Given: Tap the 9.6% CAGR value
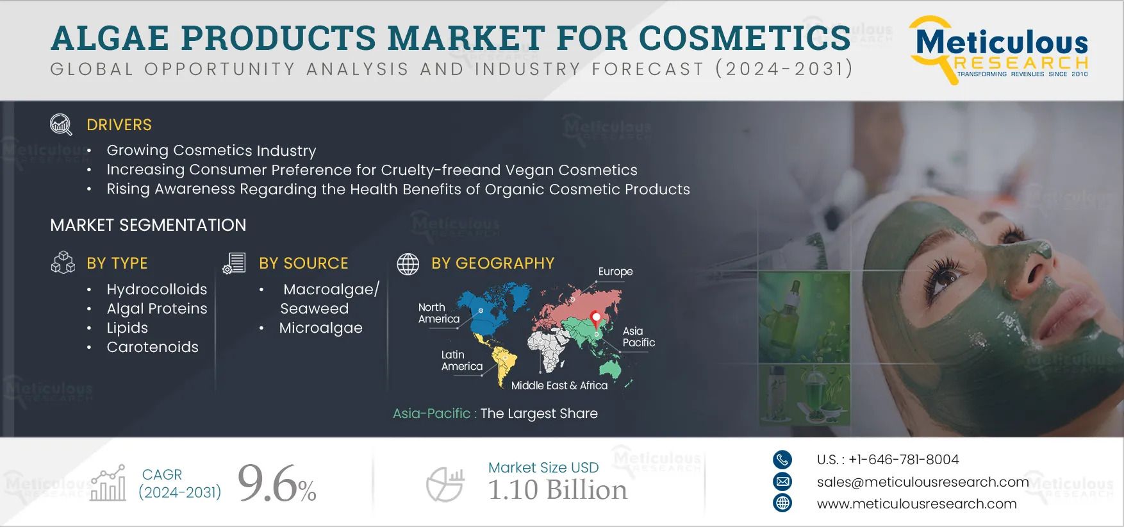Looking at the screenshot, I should coord(276,485).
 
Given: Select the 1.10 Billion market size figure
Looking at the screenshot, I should coord(557,490).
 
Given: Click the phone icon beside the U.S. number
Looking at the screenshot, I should coord(782,460).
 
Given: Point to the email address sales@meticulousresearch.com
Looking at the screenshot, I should coord(922,482).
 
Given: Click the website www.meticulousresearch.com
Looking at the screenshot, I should coord(916,504).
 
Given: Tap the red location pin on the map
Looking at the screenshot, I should coord(597,317).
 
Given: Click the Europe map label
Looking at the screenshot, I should coord(615,272).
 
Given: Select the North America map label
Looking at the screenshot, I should coord(439,313).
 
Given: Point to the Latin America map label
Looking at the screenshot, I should coord(461,360).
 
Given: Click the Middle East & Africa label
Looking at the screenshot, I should coord(559,385).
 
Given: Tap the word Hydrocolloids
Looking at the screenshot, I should coord(156,289).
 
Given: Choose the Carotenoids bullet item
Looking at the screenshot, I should coord(153,347).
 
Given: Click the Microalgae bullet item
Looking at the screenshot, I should coord(320,328).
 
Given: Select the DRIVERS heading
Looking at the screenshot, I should coord(119,124).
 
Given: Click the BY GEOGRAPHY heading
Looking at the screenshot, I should coord(492,263).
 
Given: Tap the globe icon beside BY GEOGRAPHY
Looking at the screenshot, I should coord(408,263).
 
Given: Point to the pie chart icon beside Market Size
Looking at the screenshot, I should coord(445,485).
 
